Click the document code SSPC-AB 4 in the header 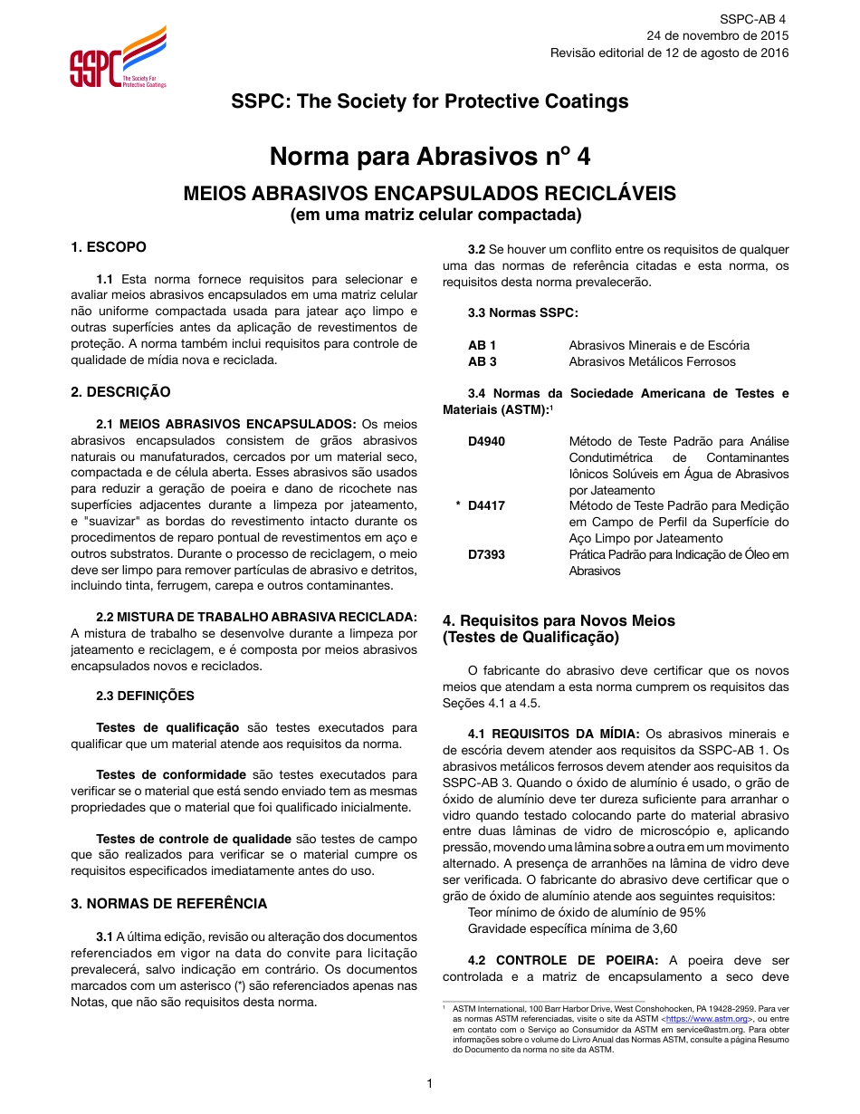tap(753, 19)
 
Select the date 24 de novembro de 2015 tap(717, 35)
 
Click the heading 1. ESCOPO tap(109, 247)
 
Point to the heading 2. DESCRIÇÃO tap(120, 392)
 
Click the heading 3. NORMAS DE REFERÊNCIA tap(169, 903)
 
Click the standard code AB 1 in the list tap(482, 345)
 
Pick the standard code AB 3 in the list tap(482, 361)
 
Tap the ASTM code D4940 tap(486, 441)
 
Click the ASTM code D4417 tap(486, 505)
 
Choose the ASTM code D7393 tap(486, 554)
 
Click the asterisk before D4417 tap(458, 505)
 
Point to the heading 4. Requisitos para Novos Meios tap(559, 620)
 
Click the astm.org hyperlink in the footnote tap(706, 1019)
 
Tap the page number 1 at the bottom tap(430, 1083)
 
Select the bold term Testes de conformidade tap(171, 774)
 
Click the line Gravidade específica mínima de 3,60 tap(572, 928)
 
